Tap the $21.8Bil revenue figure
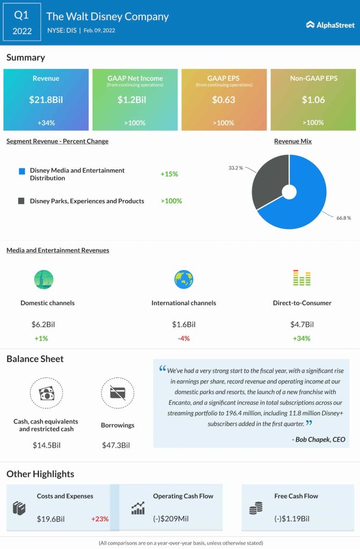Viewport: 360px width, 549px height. pyautogui.click(x=46, y=99)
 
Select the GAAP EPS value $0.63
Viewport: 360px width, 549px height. pyautogui.click(x=224, y=99)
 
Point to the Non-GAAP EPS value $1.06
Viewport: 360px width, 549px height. pyautogui.click(x=313, y=99)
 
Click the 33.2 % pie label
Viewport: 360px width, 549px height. pyautogui.click(x=236, y=168)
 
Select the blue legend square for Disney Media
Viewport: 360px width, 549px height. pyautogui.click(x=21, y=171)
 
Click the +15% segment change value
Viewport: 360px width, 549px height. pyautogui.click(x=169, y=174)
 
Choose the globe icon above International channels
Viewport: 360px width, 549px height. pyautogui.click(x=183, y=279)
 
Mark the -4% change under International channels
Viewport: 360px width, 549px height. pyautogui.click(x=183, y=338)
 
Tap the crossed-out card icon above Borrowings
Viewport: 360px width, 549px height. pyautogui.click(x=117, y=394)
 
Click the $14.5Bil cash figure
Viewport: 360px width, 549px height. pyautogui.click(x=45, y=445)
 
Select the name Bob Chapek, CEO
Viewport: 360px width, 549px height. pyautogui.click(x=319, y=440)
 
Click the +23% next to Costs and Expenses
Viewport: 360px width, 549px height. pyautogui.click(x=100, y=519)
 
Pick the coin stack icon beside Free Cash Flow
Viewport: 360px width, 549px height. pyautogui.click(x=256, y=509)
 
